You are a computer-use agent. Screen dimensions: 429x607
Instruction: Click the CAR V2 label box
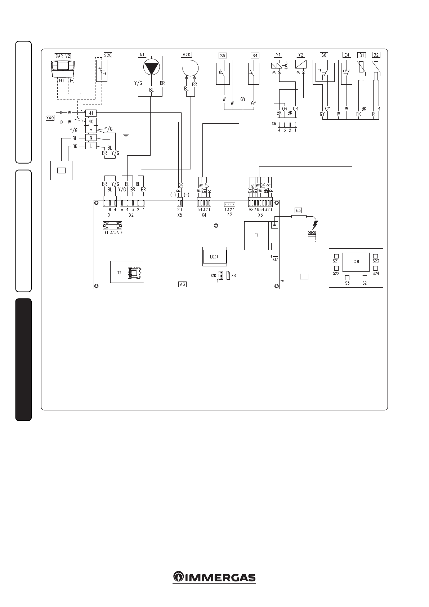click(63, 56)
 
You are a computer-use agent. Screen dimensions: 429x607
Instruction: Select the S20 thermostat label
click(108, 55)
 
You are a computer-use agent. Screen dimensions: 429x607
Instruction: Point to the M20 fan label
click(187, 55)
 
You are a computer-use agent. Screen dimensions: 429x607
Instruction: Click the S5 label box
click(223, 56)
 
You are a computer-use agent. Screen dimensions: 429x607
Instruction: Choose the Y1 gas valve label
click(278, 55)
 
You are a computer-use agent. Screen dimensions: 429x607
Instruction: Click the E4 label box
click(347, 55)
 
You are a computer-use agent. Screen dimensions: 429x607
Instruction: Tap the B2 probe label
click(376, 55)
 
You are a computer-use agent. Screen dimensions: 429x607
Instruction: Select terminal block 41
click(91, 113)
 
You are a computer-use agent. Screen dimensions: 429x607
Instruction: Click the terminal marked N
click(91, 138)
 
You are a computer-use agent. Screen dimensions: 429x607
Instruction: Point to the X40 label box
click(50, 118)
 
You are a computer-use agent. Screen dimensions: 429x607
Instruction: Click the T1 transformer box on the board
click(257, 235)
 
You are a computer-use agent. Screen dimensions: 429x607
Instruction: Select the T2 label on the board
click(119, 273)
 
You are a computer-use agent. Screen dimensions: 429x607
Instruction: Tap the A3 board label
click(182, 284)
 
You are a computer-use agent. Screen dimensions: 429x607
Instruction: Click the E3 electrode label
click(298, 210)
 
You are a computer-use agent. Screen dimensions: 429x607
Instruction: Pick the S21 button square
click(336, 256)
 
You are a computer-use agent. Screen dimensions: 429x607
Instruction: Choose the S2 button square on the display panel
click(365, 278)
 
